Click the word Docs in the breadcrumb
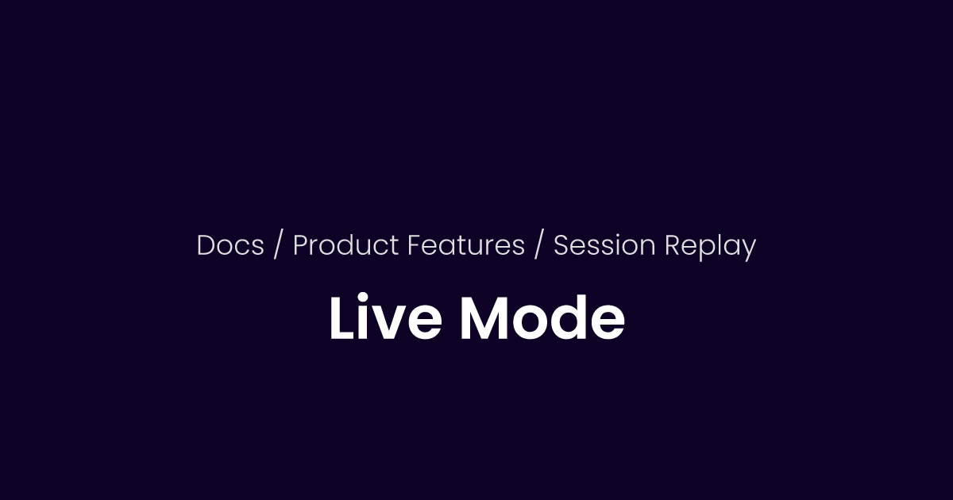(x=230, y=246)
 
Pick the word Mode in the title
(x=542, y=319)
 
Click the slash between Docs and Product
(x=278, y=246)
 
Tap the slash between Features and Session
(x=539, y=246)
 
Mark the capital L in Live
(x=341, y=319)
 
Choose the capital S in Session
(x=561, y=246)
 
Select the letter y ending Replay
(x=747, y=249)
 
